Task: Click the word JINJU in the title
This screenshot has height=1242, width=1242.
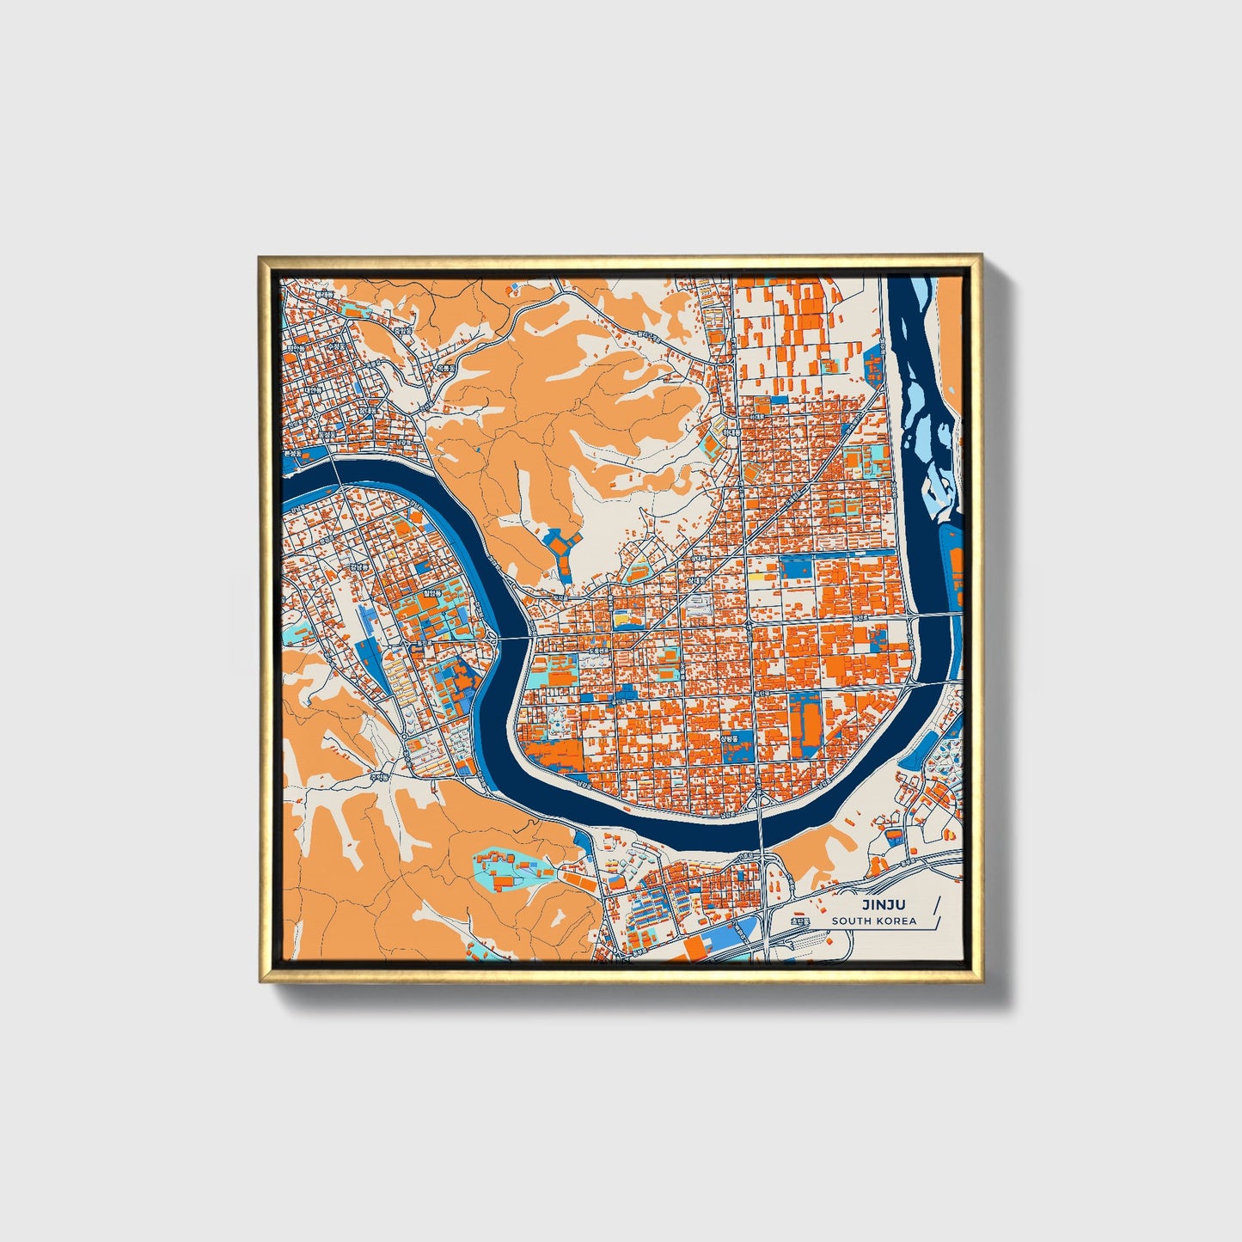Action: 884,904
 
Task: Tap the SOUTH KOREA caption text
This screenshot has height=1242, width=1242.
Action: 873,921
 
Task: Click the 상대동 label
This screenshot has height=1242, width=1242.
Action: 688,581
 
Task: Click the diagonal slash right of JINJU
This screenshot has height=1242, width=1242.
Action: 933,911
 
